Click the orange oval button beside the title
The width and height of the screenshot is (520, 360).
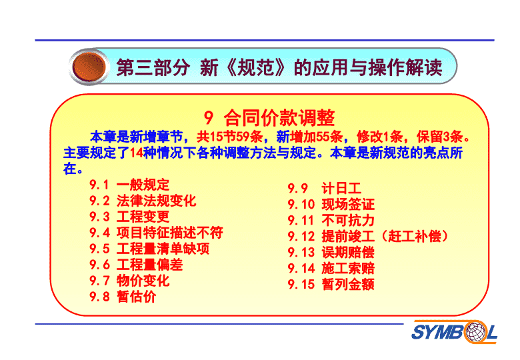pos(89,67)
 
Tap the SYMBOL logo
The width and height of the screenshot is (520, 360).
pos(454,332)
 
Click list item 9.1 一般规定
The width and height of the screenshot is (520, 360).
pos(129,185)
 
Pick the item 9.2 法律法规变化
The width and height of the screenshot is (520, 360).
pos(143,201)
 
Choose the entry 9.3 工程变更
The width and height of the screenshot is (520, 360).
pos(129,217)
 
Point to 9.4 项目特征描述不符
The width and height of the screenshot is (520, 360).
pos(156,233)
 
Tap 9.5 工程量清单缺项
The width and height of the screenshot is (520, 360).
pos(149,248)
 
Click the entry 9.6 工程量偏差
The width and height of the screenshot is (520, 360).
pos(136,265)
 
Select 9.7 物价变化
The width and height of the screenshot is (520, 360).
pos(129,281)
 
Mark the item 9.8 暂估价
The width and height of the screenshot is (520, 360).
pos(123,297)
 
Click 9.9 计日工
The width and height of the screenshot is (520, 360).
pos(325,188)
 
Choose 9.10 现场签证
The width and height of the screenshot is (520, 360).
pos(331,204)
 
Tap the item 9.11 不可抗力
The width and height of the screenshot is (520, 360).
pos(331,220)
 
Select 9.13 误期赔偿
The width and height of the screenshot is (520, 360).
pos(331,252)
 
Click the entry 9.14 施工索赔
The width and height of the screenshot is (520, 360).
pos(331,268)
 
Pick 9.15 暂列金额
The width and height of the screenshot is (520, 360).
pos(331,284)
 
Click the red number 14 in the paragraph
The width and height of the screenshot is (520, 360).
pos(136,153)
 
